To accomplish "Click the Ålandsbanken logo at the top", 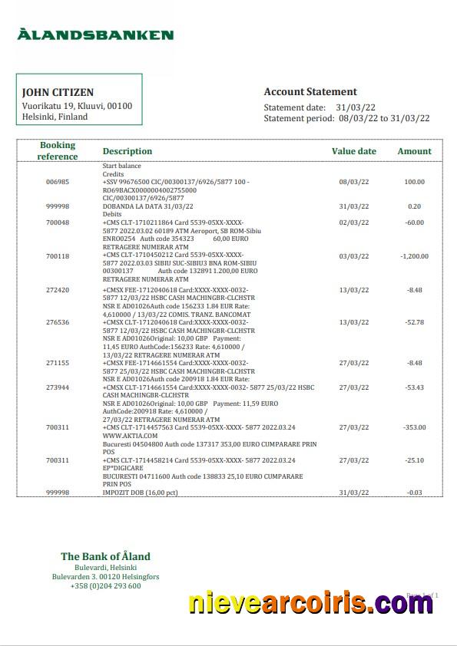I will (96, 35).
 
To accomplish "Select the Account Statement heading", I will (310, 91).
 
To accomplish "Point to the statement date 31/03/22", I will (359, 107).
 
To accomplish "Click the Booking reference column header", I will (58, 150).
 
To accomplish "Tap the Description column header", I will (127, 151).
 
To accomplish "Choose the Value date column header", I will (353, 151).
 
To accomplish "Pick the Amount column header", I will (414, 151).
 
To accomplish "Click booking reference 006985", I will (58, 182).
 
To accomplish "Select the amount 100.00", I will (415, 182).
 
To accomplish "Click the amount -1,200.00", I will (415, 255).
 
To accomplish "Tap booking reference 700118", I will (58, 255).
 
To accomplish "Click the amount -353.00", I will (415, 427).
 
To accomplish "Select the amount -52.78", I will (415, 322).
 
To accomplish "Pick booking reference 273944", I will (58, 387).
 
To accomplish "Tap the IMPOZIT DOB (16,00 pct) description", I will (140, 492).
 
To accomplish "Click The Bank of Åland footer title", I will (105, 556).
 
